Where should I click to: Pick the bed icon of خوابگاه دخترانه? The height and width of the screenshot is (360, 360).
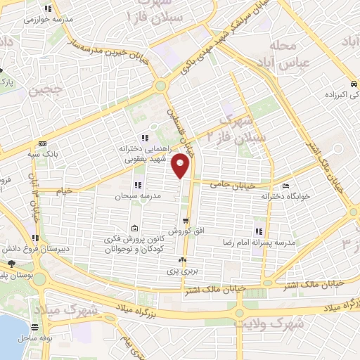(285, 186)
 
